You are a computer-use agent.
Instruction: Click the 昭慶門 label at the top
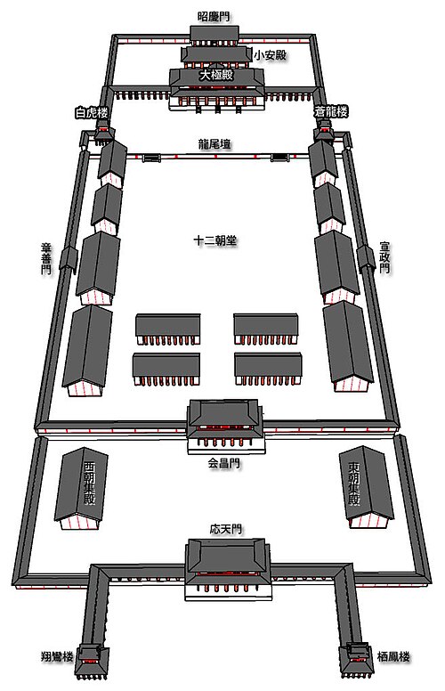click(214, 17)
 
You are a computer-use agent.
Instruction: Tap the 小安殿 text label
click(271, 55)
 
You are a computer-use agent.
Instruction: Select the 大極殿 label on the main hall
click(216, 76)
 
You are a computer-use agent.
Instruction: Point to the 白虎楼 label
click(92, 113)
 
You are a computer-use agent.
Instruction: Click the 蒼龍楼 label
click(331, 111)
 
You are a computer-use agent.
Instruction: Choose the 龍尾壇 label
click(214, 144)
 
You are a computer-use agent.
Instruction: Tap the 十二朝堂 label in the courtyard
click(215, 240)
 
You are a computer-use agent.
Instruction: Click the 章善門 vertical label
click(46, 259)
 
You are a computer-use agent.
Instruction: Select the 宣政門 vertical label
click(384, 257)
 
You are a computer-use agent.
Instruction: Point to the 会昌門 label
click(224, 463)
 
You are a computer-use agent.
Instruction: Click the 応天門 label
click(225, 529)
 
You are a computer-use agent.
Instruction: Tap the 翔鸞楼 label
click(57, 656)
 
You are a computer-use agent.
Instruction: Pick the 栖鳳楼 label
click(394, 657)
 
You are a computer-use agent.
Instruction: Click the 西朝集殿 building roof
click(81, 484)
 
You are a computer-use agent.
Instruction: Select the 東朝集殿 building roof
click(367, 484)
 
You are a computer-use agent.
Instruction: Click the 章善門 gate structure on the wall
click(68, 259)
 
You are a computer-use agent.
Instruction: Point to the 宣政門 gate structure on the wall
click(366, 258)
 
